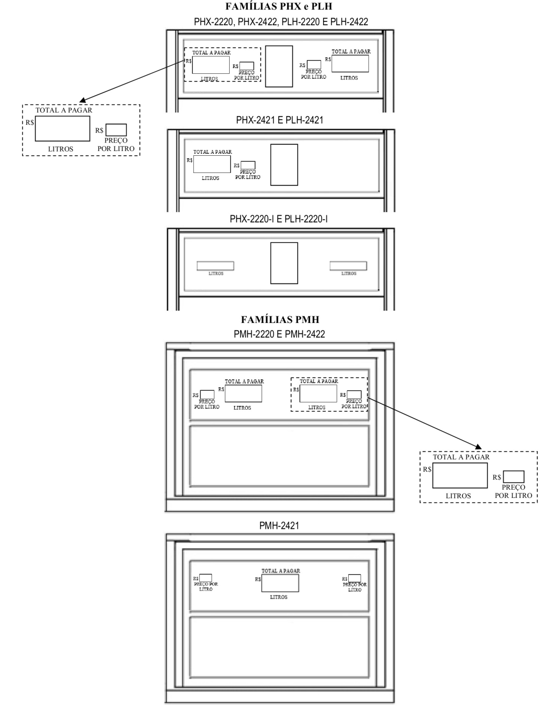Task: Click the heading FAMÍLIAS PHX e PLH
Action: (x=278, y=6)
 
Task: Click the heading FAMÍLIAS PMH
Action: (x=280, y=319)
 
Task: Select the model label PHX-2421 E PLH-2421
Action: (x=279, y=120)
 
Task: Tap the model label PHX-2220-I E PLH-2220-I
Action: (x=278, y=219)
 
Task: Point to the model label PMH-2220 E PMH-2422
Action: (x=279, y=334)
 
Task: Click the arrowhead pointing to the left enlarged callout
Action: (x=83, y=100)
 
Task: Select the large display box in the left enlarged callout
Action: (x=62, y=129)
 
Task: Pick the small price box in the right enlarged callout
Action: (x=513, y=477)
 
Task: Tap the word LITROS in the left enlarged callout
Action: (x=61, y=149)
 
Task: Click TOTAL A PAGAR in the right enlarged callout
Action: (x=461, y=457)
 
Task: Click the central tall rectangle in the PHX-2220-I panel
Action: (x=284, y=263)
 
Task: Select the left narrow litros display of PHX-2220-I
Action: (x=215, y=266)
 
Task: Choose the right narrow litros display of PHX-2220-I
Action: (x=348, y=266)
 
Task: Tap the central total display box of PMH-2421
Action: (x=280, y=583)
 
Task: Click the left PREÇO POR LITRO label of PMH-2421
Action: (x=206, y=586)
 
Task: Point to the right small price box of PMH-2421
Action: (x=354, y=578)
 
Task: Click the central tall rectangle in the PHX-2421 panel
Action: (x=284, y=165)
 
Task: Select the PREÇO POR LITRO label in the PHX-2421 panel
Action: (x=247, y=174)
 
